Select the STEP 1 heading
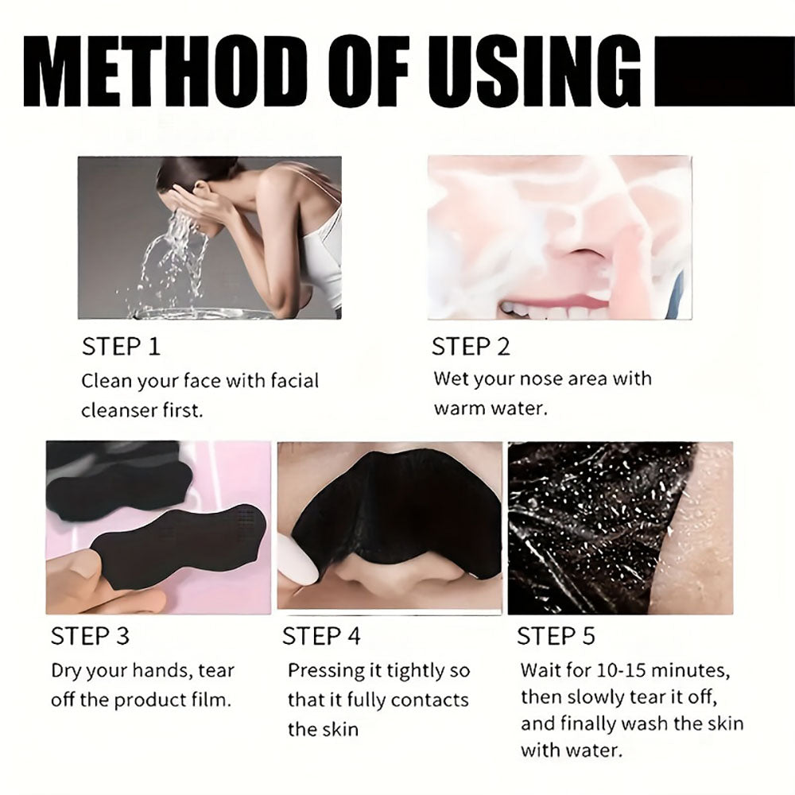[x=121, y=347]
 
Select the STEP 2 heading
[x=471, y=347]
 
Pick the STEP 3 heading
[x=90, y=636]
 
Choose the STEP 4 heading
[x=321, y=636]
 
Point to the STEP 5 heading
[x=556, y=636]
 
